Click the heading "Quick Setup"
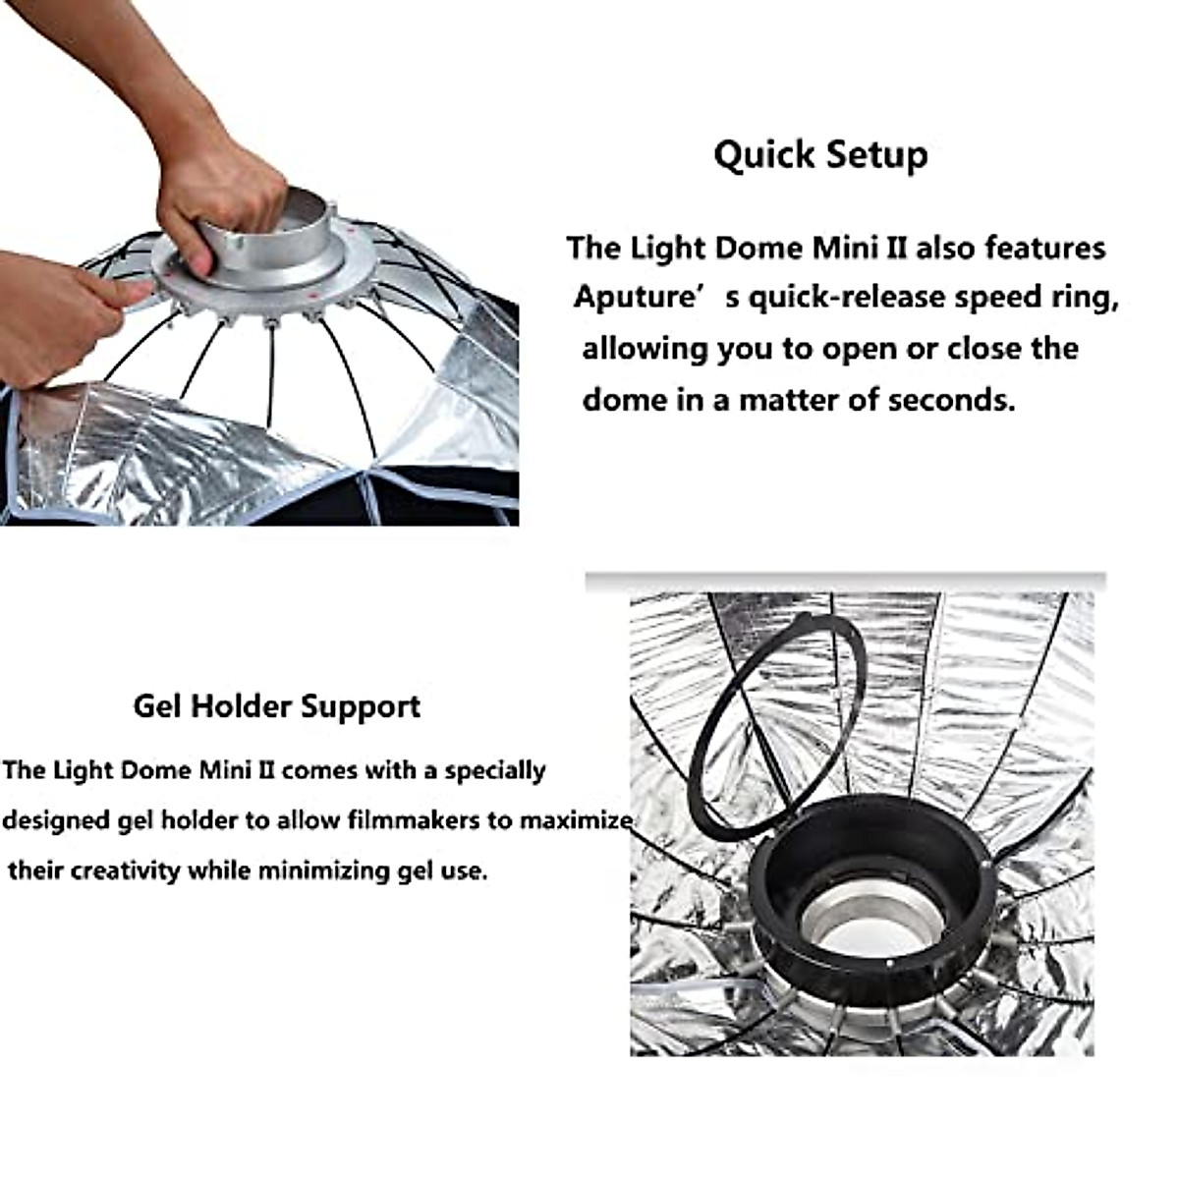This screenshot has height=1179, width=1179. pyautogui.click(x=820, y=155)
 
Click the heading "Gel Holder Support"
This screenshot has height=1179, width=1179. pyautogui.click(x=277, y=706)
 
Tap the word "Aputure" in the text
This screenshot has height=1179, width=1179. pyautogui.click(x=637, y=297)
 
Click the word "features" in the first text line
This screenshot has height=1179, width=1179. pyautogui.click(x=1044, y=248)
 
